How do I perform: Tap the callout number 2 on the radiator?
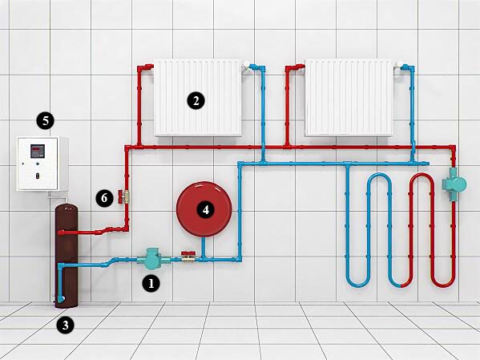coord(196,100)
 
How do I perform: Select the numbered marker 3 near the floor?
coord(66,325)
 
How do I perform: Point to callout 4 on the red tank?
coord(206,210)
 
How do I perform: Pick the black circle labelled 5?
coord(46,121)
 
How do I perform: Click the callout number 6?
coord(104,198)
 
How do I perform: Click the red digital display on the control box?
coord(38,152)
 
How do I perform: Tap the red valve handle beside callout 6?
coord(120,196)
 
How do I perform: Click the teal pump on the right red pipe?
coord(454,184)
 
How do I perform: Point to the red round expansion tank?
coord(204,209)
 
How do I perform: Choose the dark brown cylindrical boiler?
coord(67,256)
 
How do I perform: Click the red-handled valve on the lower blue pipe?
coord(188,257)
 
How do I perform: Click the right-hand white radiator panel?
coord(349,98)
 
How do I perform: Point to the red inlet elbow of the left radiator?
coord(145,67)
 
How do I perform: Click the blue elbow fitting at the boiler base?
coord(61,299)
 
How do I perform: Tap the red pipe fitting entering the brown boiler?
coord(63,233)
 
